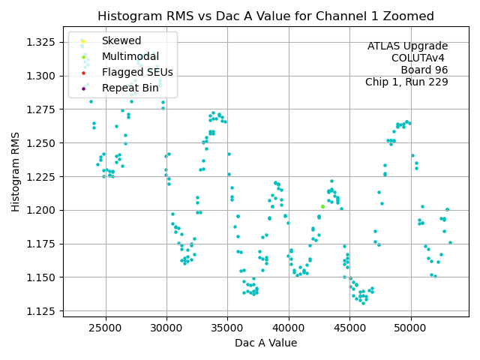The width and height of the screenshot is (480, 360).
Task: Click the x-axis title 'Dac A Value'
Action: (265, 343)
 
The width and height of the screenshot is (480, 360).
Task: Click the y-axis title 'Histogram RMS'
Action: (16, 172)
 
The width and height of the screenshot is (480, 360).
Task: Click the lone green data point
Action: (322, 206)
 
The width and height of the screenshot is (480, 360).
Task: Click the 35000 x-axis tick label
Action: (227, 328)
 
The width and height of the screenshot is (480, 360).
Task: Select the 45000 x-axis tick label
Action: (349, 328)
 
